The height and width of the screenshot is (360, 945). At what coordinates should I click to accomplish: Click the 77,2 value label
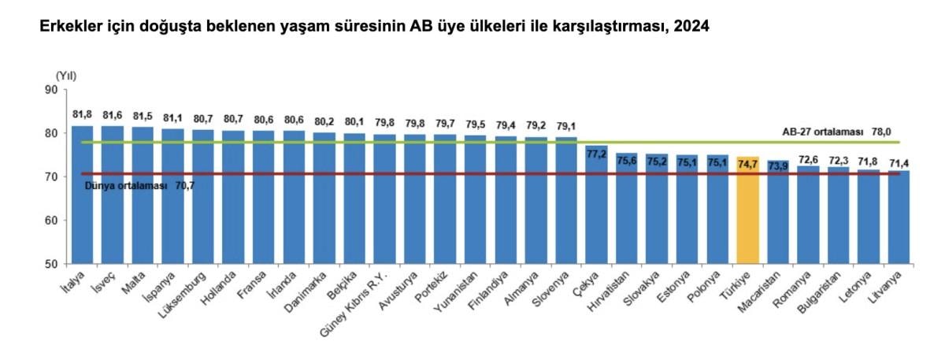[x=597, y=154]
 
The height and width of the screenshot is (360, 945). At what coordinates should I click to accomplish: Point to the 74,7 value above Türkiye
[x=747, y=163]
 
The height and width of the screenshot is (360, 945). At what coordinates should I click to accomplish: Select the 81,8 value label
[x=83, y=114]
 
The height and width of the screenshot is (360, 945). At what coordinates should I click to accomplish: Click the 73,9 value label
[x=778, y=165]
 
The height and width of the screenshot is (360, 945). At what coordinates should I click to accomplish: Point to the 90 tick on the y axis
[x=52, y=90]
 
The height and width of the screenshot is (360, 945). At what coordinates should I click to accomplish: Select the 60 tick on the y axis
[x=52, y=221]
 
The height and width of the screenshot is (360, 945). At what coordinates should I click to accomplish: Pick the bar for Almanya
[x=536, y=200]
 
